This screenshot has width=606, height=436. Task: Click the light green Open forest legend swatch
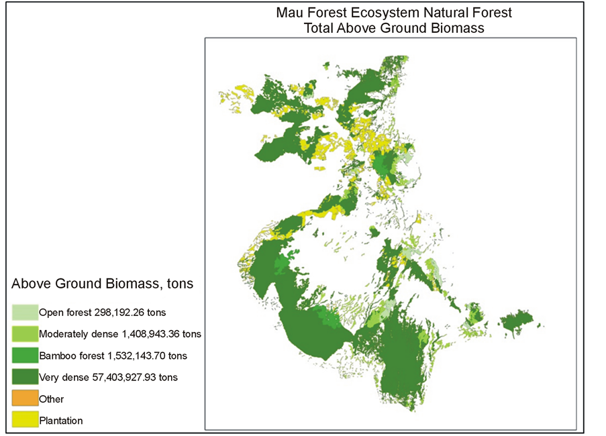coord(25,312)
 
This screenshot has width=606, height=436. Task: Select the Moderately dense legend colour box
coord(25,333)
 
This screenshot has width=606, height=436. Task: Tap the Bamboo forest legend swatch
coord(25,356)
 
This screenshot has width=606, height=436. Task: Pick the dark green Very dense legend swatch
coord(25,377)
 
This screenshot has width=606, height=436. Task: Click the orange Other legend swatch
coord(25,398)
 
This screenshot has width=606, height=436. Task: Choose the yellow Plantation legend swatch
coord(25,421)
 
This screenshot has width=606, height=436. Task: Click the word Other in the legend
coord(52,399)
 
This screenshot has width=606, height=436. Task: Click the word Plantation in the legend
coord(61,421)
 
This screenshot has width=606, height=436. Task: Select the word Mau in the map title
coord(291,13)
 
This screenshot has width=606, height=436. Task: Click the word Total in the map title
coord(318,28)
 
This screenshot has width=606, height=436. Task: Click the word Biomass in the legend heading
coord(132,284)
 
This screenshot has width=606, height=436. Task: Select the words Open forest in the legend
coord(65,313)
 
